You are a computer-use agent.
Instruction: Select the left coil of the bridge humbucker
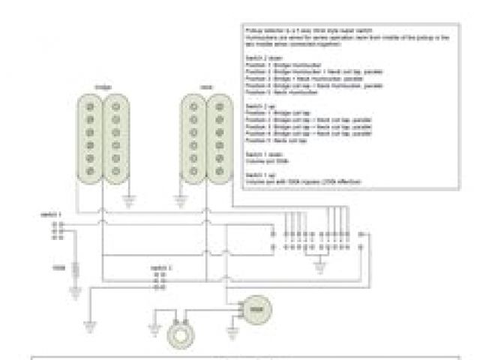tap(90, 140)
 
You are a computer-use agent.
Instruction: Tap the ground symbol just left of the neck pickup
tap(178, 200)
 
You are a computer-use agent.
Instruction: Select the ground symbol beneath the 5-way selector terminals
tap(321, 264)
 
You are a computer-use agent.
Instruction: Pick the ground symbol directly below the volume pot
tap(228, 328)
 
